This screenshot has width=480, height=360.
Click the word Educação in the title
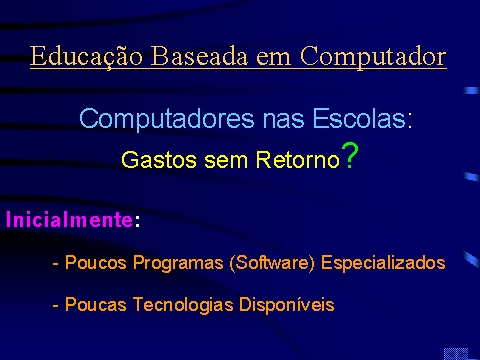(87, 56)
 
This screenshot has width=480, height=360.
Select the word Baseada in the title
(199, 55)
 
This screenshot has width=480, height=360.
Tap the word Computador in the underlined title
(373, 57)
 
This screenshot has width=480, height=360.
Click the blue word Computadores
(167, 119)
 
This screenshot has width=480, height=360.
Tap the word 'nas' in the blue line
(283, 121)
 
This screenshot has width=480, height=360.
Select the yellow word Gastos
(159, 160)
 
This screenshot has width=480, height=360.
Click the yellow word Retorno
(297, 160)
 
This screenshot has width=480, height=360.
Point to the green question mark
(350, 155)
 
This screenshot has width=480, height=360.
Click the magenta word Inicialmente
(69, 219)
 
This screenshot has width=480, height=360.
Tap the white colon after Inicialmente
(137, 221)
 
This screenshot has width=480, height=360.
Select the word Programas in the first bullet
(178, 263)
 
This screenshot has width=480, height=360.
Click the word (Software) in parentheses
(272, 263)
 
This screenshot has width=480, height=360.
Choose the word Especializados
(383, 263)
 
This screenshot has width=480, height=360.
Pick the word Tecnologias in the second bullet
(183, 305)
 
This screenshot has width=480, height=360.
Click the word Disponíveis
(287, 304)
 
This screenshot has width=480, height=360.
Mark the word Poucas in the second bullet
(96, 304)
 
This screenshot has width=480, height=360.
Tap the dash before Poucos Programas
(56, 264)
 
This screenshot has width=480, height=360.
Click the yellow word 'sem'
(226, 161)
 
